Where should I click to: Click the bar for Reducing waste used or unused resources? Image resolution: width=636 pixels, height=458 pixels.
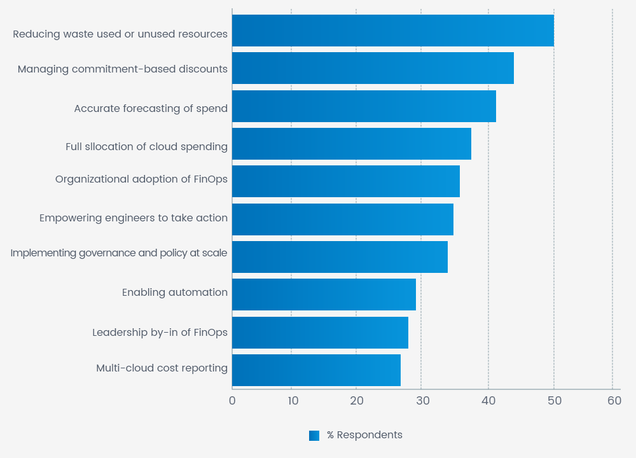point(392,31)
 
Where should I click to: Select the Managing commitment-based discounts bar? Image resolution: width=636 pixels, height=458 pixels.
point(373,68)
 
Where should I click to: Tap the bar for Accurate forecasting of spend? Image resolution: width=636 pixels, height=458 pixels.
point(364,106)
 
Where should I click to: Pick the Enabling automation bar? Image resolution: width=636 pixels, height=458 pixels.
point(324,295)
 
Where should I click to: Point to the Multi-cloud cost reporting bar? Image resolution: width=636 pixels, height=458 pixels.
point(316,370)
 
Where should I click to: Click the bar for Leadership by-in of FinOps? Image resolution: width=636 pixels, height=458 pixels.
point(320,333)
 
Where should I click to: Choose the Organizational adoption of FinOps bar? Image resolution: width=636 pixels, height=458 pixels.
point(345,181)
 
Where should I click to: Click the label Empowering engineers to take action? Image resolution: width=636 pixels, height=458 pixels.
point(134,218)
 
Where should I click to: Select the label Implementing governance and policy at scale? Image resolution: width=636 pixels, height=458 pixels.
point(119,253)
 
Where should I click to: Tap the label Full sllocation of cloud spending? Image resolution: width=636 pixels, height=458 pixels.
point(146,146)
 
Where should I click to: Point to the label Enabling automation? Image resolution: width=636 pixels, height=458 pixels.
point(175,293)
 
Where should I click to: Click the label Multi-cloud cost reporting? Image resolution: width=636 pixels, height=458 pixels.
point(162,368)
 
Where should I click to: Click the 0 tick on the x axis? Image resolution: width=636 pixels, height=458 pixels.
point(232,401)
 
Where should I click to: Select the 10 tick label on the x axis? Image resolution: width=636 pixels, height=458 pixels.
point(293,401)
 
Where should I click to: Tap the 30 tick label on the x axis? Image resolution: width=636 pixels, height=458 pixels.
point(422,401)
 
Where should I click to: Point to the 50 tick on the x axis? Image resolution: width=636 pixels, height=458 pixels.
point(554,401)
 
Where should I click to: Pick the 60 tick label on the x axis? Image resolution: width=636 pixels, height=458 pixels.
point(614,401)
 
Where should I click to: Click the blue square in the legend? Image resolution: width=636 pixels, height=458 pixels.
point(314,436)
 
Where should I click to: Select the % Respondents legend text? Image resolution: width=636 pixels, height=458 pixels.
point(364,435)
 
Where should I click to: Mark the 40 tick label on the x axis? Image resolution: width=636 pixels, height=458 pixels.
point(488,401)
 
